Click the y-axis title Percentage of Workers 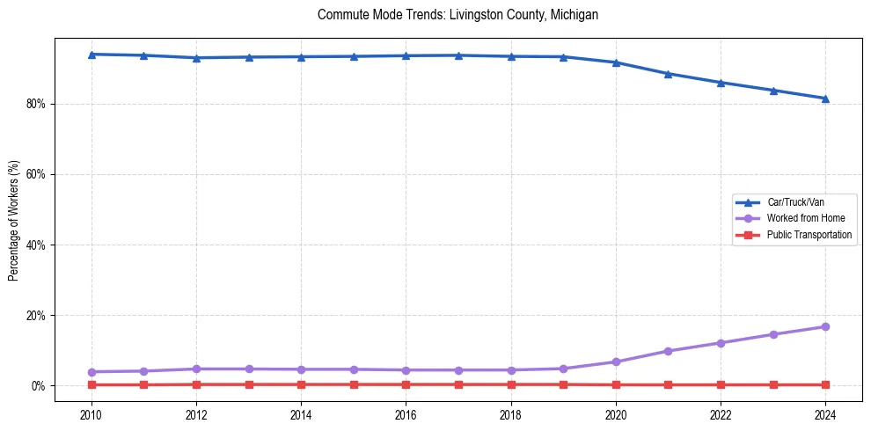point(13,220)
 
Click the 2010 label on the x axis point(91,414)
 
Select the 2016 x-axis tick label point(406,414)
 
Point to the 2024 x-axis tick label point(825,414)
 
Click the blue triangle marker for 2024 point(825,99)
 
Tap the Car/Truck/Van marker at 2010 point(91,55)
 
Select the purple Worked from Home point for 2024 point(825,326)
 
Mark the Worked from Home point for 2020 point(616,362)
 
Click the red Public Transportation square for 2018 point(511,384)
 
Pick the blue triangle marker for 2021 point(669,74)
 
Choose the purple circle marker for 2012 point(196,369)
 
